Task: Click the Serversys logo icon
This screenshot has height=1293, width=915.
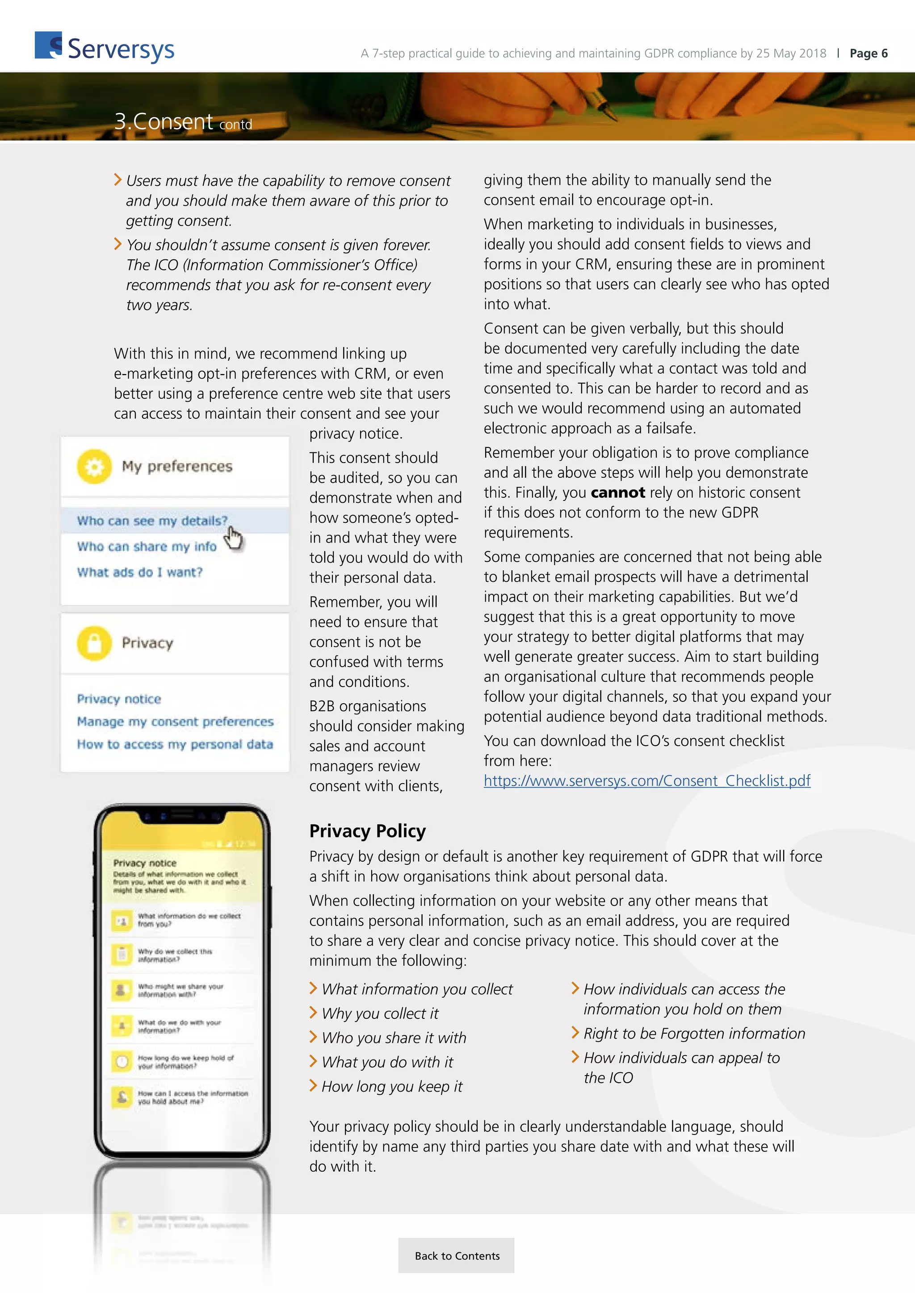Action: tap(48, 46)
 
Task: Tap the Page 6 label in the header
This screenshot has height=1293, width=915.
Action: tap(868, 54)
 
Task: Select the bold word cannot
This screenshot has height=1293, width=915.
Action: tap(617, 493)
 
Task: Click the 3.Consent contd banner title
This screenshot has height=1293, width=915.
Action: tap(183, 121)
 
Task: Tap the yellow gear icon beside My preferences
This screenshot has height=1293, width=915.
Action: tap(94, 466)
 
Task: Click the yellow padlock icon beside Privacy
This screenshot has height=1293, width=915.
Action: tap(94, 642)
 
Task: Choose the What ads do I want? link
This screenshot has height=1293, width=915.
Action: tap(140, 572)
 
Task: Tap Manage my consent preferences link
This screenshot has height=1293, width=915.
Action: tap(175, 722)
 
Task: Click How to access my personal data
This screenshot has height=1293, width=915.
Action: tap(175, 744)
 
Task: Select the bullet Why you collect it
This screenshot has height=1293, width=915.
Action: tap(380, 1014)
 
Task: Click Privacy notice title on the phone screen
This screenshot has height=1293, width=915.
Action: tap(145, 863)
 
